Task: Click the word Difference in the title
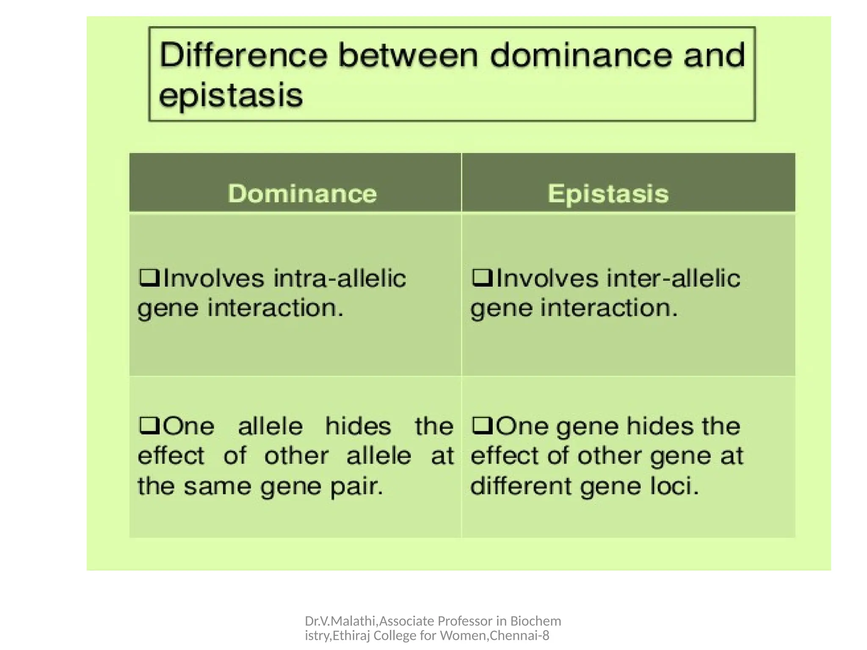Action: click(243, 56)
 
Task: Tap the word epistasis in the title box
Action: click(231, 95)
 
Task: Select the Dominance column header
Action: click(302, 194)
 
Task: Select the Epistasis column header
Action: click(608, 194)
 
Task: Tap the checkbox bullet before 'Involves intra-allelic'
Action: click(149, 278)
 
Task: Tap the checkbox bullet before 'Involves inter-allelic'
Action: click(482, 278)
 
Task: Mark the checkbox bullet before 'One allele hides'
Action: click(149, 425)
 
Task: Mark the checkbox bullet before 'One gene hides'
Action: click(482, 425)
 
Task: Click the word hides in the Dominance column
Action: click(358, 426)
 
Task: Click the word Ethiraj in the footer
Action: click(352, 636)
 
